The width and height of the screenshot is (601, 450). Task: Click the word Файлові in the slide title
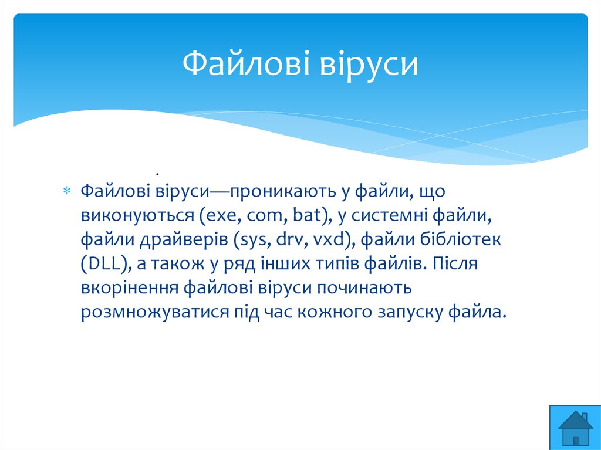click(246, 63)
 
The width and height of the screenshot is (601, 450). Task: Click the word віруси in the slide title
click(369, 65)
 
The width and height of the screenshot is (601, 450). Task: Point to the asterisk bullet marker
click(67, 190)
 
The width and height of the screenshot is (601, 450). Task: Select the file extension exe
click(221, 216)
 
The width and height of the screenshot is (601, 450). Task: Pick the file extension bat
click(306, 215)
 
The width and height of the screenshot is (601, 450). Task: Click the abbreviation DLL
click(103, 263)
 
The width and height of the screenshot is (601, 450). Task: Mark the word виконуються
click(137, 216)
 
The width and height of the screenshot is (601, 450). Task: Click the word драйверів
click(183, 240)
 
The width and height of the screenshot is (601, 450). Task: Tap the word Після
click(455, 263)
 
